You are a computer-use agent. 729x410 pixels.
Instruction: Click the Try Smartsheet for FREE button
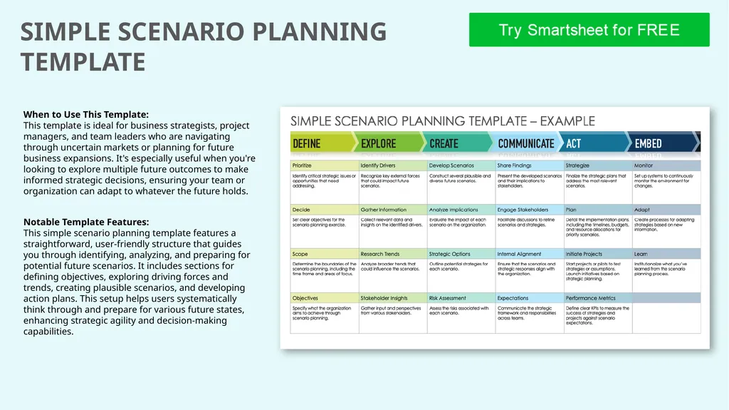tap(589, 30)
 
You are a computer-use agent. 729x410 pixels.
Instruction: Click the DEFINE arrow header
tap(307, 143)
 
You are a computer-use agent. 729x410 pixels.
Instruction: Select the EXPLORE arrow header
tap(379, 143)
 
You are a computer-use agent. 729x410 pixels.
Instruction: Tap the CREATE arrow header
tap(444, 143)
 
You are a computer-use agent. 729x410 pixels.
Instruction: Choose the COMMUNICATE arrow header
tap(525, 143)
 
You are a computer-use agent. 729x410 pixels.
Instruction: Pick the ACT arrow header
tap(574, 143)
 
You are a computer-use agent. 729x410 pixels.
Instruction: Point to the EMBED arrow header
tap(648, 143)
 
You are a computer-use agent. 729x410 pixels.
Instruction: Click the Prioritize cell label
tap(302, 165)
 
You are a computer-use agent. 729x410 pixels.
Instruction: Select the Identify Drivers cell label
tap(377, 165)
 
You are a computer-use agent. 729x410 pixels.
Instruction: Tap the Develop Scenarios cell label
tap(451, 165)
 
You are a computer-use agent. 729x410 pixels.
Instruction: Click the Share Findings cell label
tap(515, 165)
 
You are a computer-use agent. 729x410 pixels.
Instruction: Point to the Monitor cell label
tap(643, 165)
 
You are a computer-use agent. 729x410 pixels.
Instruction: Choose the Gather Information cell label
tap(383, 210)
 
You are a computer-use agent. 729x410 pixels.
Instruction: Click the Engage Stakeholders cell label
tap(523, 210)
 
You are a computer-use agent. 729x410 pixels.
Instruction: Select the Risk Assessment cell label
tap(448, 298)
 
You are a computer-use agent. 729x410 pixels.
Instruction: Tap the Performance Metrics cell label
tap(591, 298)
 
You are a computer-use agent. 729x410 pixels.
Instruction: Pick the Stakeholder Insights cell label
tap(384, 298)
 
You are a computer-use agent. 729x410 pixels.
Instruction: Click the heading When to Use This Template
tap(86, 114)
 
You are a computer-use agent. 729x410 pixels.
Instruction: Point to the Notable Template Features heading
tap(86, 222)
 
